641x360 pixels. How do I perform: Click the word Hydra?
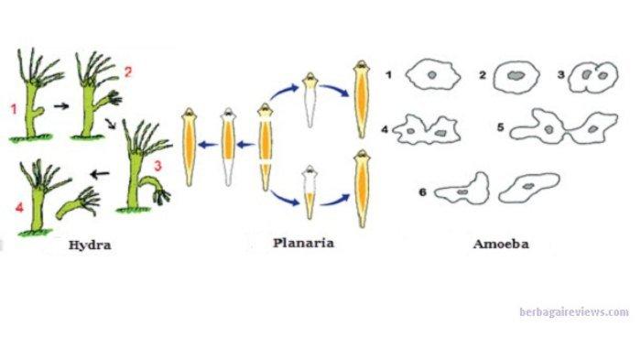[x=90, y=245]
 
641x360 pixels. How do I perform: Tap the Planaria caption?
[x=303, y=243]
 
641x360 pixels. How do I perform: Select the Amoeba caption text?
[x=501, y=245]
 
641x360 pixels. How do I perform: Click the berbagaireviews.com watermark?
[x=574, y=312]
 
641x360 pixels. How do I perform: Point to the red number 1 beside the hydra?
[x=15, y=109]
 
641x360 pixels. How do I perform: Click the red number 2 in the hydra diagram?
[x=128, y=72]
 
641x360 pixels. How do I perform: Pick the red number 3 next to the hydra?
[x=158, y=166]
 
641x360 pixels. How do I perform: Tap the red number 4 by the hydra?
[x=19, y=207]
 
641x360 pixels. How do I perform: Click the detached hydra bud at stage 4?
[x=79, y=202]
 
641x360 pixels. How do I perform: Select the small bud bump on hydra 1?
[x=39, y=111]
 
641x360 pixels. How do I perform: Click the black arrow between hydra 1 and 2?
[x=61, y=106]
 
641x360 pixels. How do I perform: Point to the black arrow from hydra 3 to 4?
[x=100, y=174]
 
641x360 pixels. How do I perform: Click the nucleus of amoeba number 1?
[x=432, y=75]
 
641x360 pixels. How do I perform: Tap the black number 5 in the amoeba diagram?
[x=501, y=127]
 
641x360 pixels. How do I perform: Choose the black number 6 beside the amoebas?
[x=423, y=191]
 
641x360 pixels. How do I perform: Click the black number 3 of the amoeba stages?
[x=560, y=75]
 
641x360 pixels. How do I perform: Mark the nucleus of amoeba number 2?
[x=516, y=75]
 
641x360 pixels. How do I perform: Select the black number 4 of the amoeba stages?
[x=385, y=130]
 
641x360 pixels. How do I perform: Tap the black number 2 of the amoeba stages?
[x=483, y=75]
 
